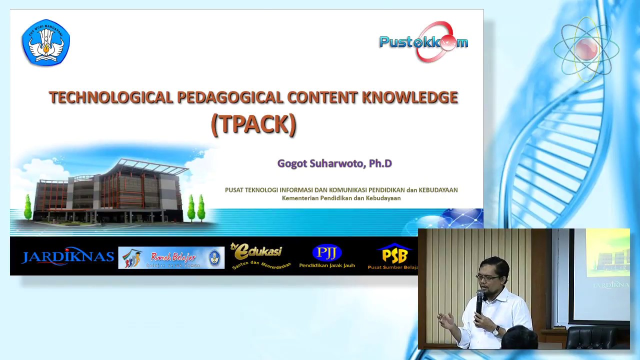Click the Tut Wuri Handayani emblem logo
click(x=46, y=42)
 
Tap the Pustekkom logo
click(x=423, y=42)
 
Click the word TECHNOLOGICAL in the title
click(x=110, y=97)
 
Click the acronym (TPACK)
click(x=253, y=124)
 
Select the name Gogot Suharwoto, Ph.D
click(x=334, y=163)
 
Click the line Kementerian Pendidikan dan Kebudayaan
click(x=341, y=198)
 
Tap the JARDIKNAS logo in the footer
click(x=67, y=257)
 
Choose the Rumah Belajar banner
click(x=171, y=257)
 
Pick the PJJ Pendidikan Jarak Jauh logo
click(x=326, y=256)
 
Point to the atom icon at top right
click(x=586, y=49)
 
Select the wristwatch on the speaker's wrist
click(x=496, y=330)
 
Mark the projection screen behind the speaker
click(x=602, y=275)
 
